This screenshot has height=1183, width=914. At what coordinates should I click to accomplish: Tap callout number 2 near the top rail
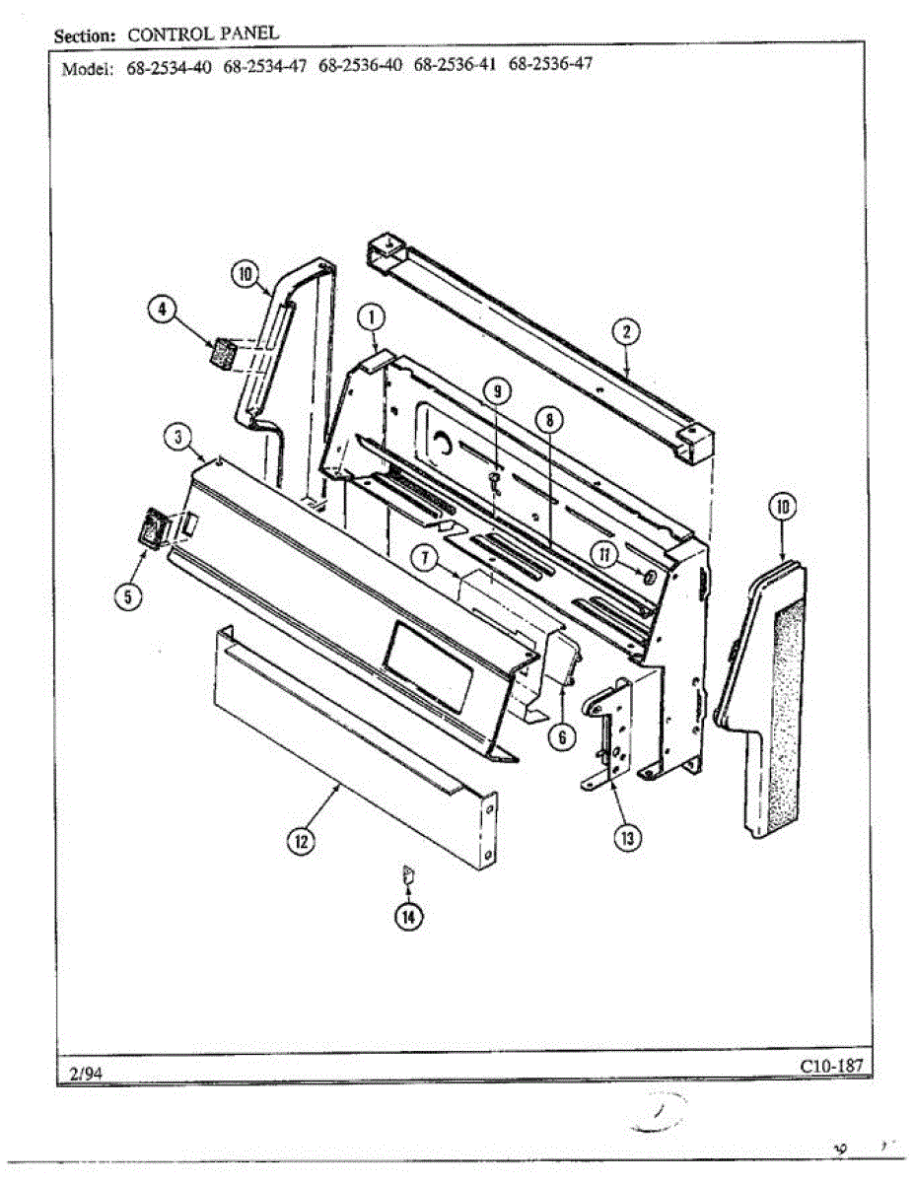pos(624,331)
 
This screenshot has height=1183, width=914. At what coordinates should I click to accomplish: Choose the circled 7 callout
pos(424,558)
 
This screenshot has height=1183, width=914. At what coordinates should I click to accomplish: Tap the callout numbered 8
pos(548,420)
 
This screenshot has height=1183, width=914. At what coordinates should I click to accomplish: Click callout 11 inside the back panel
pos(605,555)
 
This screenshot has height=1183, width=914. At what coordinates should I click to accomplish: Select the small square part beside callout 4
pos(223,352)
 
